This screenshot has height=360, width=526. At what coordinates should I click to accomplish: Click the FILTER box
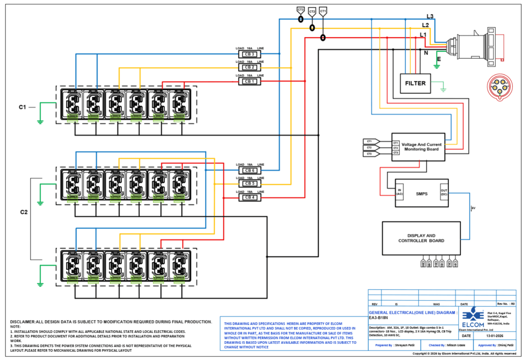tap(415, 83)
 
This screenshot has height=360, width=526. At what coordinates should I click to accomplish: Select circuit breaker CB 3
tap(249, 54)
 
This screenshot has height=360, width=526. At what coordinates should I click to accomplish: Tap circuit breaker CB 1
tap(249, 81)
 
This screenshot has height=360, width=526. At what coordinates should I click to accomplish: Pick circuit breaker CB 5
tap(249, 183)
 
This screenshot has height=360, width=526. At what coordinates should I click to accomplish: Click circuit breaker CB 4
tap(249, 197)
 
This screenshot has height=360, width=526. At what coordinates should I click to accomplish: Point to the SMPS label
tap(421, 194)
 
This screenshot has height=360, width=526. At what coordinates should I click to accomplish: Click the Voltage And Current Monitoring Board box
tap(418, 147)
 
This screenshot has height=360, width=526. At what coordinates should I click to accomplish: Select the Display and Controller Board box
tap(421, 238)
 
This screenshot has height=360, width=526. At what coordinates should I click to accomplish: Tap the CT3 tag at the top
tap(301, 10)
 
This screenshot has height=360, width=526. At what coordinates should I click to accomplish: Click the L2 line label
tap(425, 25)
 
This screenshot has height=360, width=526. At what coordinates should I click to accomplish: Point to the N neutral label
tap(426, 53)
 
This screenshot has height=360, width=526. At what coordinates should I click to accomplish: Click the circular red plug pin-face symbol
tap(500, 87)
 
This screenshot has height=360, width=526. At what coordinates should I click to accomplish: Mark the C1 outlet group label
tap(22, 107)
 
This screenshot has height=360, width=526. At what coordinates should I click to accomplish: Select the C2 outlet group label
tap(24, 212)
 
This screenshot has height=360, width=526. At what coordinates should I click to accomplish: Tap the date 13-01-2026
tap(495, 336)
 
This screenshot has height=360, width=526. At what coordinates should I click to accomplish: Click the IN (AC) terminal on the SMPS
tap(400, 192)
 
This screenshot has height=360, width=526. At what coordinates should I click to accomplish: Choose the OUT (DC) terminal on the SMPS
tap(444, 192)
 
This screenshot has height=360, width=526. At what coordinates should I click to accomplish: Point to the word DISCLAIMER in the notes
tap(23, 322)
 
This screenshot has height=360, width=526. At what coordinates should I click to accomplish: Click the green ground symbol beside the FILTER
tap(443, 90)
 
